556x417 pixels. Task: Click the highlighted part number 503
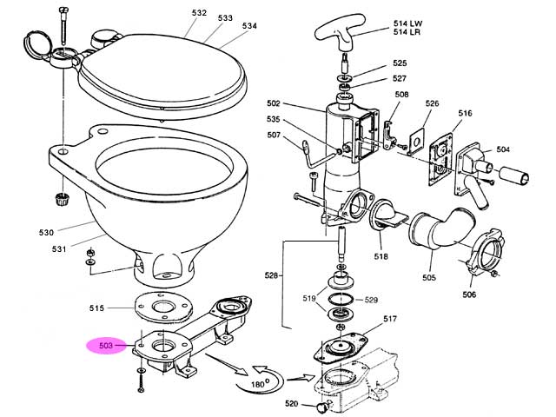click(106, 346)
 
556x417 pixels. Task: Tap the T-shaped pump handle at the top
click(340, 33)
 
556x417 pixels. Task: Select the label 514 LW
click(407, 23)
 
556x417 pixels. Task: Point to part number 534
click(249, 26)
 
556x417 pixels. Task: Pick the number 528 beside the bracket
click(271, 275)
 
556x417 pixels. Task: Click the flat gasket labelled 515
click(162, 307)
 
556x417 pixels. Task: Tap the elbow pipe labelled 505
click(442, 229)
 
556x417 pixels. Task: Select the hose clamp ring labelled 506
click(485, 252)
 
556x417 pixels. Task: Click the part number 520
click(292, 403)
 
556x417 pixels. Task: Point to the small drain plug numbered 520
click(322, 406)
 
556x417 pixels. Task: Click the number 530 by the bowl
click(46, 233)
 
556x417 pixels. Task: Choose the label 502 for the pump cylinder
click(274, 103)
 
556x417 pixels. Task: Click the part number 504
click(503, 149)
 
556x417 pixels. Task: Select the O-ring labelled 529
click(341, 300)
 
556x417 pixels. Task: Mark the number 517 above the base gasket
click(390, 319)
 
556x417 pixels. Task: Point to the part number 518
click(381, 256)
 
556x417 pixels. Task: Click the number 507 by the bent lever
click(274, 136)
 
